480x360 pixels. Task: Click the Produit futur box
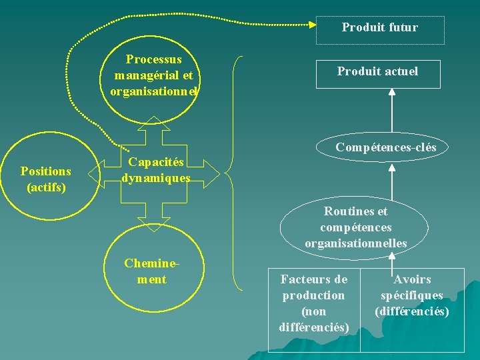(379, 30)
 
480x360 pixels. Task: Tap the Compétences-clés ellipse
(386, 147)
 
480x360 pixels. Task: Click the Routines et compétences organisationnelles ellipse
(355, 227)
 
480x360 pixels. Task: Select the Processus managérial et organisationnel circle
(154, 75)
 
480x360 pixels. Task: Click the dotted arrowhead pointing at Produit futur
(313, 25)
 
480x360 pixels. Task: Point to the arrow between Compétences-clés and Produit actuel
(392, 112)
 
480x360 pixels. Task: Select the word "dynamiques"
(156, 178)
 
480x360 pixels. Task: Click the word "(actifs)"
(46, 187)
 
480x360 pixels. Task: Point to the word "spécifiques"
(412, 295)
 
